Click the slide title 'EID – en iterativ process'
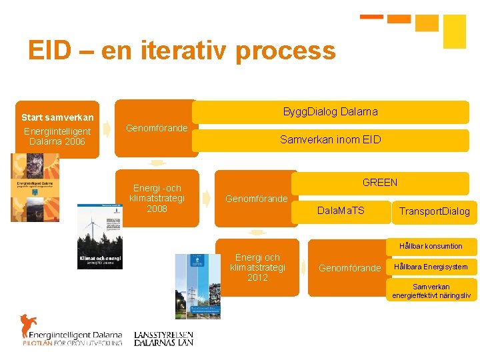181,51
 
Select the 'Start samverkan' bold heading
57,118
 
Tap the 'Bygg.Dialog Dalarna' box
330,111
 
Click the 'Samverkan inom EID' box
330,139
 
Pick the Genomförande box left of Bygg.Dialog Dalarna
157,128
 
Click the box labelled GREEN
379,182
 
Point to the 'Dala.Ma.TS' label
341,211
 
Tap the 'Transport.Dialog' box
434,211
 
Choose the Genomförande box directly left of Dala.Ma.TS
257,199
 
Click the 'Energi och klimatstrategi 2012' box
257,267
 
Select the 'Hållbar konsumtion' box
431,246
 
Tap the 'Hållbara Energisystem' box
431,267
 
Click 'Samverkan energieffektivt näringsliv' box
431,291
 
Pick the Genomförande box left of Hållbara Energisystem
349,268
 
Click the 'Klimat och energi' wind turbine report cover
100,236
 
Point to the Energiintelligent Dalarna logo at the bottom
71,329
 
